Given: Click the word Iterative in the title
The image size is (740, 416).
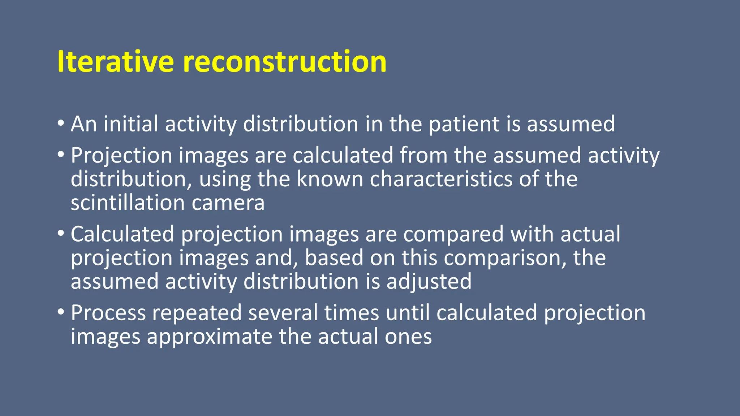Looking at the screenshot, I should tap(115, 62).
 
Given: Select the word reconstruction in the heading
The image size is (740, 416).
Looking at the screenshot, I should tap(285, 62).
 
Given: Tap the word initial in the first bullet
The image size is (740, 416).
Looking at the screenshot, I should tap(130, 124).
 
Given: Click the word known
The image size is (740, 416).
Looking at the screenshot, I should tap(330, 179).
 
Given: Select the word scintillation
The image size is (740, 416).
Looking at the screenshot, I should tap(128, 203).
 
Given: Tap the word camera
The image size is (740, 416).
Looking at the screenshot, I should tap(228, 204).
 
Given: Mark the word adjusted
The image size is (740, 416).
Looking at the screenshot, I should tap(429, 282).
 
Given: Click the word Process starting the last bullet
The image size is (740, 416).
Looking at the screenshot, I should tap(108, 313).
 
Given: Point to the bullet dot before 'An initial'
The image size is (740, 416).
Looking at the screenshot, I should tap(61, 123).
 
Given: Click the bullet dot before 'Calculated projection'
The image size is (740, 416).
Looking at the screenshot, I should tap(61, 233).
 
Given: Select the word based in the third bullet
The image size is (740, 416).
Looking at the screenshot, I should tap(334, 259).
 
